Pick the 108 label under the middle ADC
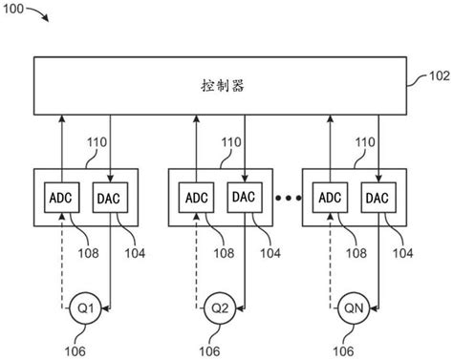(x=223, y=254)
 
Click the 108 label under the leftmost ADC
(x=88, y=254)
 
